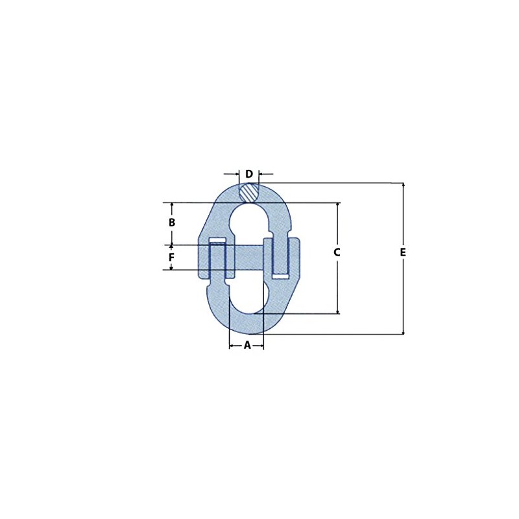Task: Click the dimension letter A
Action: pos(247,346)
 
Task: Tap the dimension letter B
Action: pos(172,223)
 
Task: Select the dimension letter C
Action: pos(337,252)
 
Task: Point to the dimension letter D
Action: pos(249,174)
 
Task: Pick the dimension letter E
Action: pos(403,252)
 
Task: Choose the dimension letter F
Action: pos(172,258)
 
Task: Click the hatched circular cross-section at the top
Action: pos(248,192)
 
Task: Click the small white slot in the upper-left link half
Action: pos(217,241)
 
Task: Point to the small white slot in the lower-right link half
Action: pos(281,276)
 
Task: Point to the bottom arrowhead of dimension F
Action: pos(172,267)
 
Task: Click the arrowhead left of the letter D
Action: pos(236,174)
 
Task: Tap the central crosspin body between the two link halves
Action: pos(245,258)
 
